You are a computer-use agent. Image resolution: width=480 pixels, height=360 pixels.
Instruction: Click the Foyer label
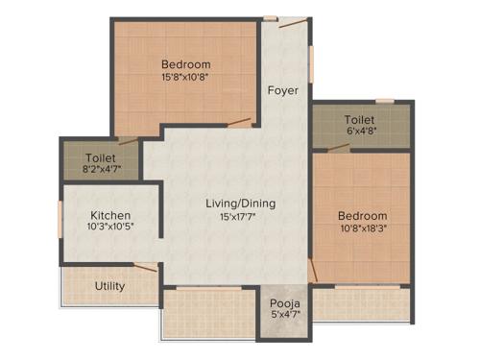coord(282,90)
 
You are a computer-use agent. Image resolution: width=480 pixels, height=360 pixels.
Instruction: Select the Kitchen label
coord(111,215)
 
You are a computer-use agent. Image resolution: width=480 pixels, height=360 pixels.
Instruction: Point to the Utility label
coord(109,286)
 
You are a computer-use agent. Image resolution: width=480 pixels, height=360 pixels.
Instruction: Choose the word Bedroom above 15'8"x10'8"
coord(185,65)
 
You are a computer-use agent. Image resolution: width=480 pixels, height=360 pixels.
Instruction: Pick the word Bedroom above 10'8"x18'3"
coord(363,216)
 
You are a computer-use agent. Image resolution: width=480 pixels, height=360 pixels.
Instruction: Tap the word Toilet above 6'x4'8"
coord(361,120)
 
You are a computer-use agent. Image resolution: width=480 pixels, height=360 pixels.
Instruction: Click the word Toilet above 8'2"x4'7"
coord(101,157)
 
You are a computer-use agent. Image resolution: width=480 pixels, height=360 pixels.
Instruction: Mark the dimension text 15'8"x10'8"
coord(185,79)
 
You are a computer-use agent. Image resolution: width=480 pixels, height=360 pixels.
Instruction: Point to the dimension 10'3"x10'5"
coord(111,228)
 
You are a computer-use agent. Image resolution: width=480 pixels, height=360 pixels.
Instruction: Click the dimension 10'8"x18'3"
coord(363,229)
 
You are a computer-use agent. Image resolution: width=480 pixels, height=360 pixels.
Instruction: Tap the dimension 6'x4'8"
coord(361,132)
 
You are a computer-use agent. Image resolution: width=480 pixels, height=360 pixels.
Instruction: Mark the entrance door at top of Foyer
coord(272,17)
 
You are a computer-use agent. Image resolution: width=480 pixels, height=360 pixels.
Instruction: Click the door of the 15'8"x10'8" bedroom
coord(240,122)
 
